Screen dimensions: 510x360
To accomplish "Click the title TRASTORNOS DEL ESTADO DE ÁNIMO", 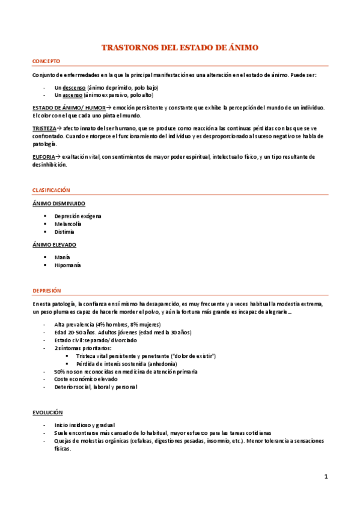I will (180, 47).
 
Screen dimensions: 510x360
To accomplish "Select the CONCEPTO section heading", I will (46, 61).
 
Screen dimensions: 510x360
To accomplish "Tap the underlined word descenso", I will (74, 87).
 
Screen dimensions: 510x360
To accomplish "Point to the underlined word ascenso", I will (73, 95).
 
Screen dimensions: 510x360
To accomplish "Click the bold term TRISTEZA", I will (44, 129).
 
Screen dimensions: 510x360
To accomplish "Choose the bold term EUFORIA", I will (43, 157).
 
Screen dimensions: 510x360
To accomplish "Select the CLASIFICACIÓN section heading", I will (51, 190).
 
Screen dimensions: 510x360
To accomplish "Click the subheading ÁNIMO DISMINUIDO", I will (58, 203).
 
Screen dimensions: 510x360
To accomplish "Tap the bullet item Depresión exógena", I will (78, 216).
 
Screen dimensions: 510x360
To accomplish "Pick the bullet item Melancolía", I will (68, 224).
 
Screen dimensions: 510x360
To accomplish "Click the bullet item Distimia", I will (64, 232).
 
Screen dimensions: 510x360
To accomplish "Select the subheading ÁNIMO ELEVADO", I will (54, 245).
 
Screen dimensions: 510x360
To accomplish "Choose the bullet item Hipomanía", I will (67, 265).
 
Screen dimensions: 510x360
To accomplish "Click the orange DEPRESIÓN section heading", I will (47, 290).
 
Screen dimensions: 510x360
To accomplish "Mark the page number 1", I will (325, 477).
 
